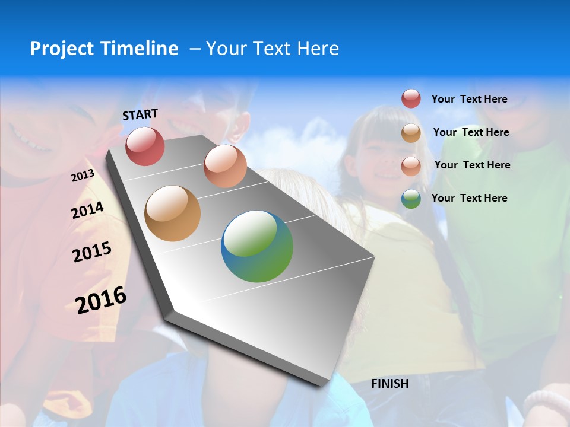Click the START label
(140, 114)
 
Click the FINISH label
(390, 384)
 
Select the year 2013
(83, 176)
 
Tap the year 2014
(87, 211)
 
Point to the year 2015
(91, 252)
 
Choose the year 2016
(101, 299)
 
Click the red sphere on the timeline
(145, 146)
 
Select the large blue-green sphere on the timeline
(257, 246)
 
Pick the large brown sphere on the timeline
(172, 213)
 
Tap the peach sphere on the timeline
(225, 166)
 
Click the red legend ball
(411, 98)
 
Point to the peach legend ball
(411, 165)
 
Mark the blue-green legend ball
(411, 199)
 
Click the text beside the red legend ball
(469, 99)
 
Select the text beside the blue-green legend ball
(469, 198)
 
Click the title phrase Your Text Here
(273, 49)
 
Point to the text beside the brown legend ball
(471, 132)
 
